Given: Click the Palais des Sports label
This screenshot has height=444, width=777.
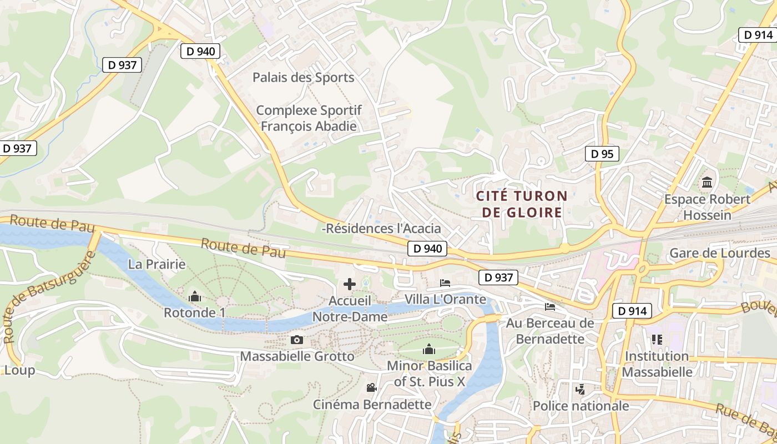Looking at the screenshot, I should tap(303, 77).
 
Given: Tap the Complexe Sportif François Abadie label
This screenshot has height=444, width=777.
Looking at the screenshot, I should tap(309, 118).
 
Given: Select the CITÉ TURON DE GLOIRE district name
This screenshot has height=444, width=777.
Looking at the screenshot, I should tap(522, 204).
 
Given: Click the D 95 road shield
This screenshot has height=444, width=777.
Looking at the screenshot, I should tap(602, 154).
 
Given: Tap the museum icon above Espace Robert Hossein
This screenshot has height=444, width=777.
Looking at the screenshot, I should tap(707, 182).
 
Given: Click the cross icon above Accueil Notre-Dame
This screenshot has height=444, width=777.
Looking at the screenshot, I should tap(350, 285).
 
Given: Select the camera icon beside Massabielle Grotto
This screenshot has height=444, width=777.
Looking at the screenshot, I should tap(297, 340).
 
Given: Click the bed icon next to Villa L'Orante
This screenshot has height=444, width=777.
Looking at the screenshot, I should tap(445, 283).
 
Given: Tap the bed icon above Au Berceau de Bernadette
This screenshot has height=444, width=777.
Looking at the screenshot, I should tap(550, 306).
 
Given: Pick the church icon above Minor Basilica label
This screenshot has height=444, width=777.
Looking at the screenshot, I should tap(429, 349).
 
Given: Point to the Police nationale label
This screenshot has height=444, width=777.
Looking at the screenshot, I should tap(581, 406).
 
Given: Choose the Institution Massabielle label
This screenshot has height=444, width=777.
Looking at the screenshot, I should tap(657, 364).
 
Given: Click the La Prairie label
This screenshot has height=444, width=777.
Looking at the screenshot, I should tap(157, 264).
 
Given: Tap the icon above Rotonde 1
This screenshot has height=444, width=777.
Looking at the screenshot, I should tap(195, 297).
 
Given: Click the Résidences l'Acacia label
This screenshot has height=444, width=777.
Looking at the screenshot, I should tap(382, 228).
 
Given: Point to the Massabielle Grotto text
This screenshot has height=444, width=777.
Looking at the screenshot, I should tap(297, 356).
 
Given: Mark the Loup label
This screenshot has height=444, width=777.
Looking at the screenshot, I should tap(19, 370).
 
